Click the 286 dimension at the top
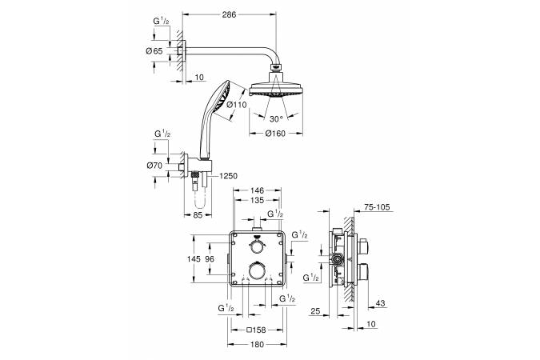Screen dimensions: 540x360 tap(229, 14)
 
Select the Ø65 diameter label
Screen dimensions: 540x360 tap(154, 51)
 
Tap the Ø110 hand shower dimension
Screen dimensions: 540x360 tap(237, 105)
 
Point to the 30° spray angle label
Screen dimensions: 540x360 tap(276, 119)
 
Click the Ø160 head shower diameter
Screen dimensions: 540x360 tap(275, 134)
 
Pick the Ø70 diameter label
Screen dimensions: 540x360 tap(154, 166)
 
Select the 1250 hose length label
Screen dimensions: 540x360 tap(229, 176)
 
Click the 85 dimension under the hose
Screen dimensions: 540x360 tap(198, 215)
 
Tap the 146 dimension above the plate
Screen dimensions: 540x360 tap(258, 190)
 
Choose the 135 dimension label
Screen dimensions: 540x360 tap(258, 200)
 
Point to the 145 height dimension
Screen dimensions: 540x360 tap(194, 259)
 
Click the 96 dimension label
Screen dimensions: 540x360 tap(210, 259)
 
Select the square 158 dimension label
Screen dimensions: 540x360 tap(257, 330)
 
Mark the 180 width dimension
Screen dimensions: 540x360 tap(258, 344)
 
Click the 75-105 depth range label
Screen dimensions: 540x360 tap(377, 207)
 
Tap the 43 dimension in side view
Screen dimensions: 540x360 tap(380, 303)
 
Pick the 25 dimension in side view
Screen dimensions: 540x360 tap(315, 311)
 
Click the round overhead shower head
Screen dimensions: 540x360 tap(276, 89)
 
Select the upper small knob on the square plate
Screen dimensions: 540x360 tap(258, 247)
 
